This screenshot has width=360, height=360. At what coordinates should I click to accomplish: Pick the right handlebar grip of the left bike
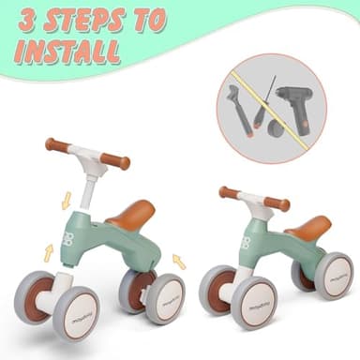[x=115, y=161]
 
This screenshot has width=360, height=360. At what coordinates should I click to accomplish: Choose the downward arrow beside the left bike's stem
[x=66, y=200]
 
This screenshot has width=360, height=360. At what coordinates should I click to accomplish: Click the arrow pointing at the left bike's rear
[x=179, y=262]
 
